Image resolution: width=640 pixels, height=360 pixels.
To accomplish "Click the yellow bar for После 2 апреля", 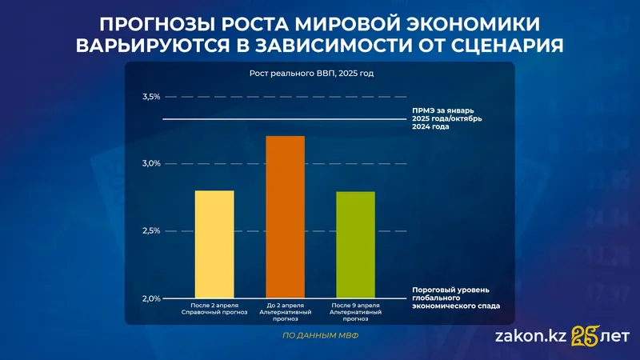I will point(214,244).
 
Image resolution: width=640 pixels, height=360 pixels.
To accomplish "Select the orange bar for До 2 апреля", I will point(285,217).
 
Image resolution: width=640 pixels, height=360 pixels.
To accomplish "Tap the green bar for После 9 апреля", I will point(355,245).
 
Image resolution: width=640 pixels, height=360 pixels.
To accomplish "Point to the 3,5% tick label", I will point(150,97).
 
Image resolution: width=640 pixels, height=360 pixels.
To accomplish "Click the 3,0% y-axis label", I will point(150,164).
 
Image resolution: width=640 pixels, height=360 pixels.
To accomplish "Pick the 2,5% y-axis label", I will point(150,231).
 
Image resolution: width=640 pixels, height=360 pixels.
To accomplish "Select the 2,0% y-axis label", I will point(150,298).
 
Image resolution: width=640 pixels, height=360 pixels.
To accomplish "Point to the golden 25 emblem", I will point(585,337).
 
